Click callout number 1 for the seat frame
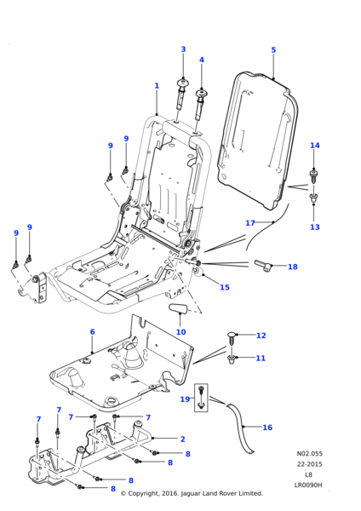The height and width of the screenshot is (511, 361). click(157, 86)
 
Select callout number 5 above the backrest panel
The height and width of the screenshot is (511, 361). click(273, 50)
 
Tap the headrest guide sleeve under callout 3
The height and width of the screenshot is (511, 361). click(182, 94)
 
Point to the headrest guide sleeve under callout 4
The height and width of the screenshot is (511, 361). click(200, 104)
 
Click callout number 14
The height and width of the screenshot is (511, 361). click(315, 146)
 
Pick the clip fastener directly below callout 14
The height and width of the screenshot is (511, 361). click(314, 176)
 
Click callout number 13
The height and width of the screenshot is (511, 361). click(315, 227)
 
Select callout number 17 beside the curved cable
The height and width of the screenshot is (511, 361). click(250, 223)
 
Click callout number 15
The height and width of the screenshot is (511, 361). click(225, 287)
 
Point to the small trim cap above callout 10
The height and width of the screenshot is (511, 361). click(178, 308)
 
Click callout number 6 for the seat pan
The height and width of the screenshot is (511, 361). click(92, 332)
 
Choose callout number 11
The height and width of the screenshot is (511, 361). click(261, 359)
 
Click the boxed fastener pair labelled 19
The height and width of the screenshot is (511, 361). click(201, 398)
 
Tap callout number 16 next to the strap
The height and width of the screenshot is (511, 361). click(267, 428)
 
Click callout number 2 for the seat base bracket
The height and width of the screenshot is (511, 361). click(182, 439)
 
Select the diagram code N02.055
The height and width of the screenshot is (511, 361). click(310, 453)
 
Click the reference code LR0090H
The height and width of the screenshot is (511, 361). click(308, 485)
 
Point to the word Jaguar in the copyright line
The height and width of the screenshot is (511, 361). click(190, 493)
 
